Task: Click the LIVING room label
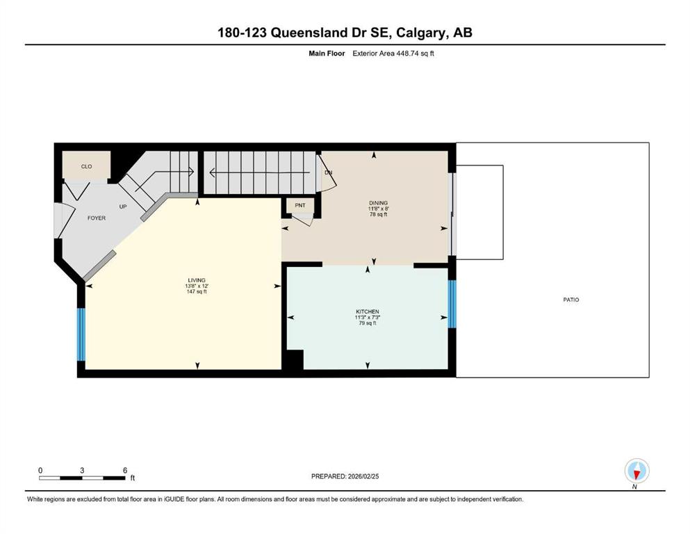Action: click(x=197, y=280)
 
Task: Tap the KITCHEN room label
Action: click(x=368, y=311)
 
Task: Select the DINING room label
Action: click(x=379, y=203)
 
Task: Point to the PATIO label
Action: click(x=571, y=300)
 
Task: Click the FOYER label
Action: click(x=97, y=218)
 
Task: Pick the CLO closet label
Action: click(x=87, y=166)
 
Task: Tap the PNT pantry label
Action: click(x=300, y=205)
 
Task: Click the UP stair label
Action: click(x=123, y=207)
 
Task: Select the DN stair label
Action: click(x=328, y=172)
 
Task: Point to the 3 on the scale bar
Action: click(x=82, y=470)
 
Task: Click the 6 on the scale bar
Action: click(x=125, y=470)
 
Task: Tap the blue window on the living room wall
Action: click(x=81, y=334)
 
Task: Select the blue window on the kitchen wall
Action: click(x=452, y=305)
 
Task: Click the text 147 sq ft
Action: click(x=197, y=291)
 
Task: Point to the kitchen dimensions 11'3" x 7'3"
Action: click(x=368, y=317)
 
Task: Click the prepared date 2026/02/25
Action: click(x=363, y=476)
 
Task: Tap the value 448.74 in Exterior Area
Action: click(x=407, y=54)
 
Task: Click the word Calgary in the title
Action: click(x=420, y=33)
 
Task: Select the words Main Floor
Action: click(x=327, y=54)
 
